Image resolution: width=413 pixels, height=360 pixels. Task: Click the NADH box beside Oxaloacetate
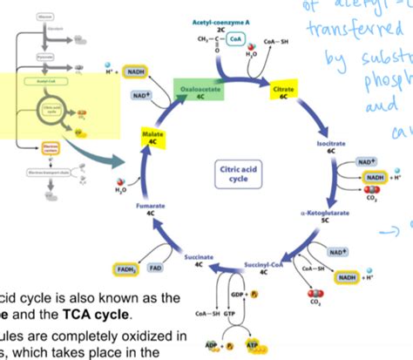coord(136,72)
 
